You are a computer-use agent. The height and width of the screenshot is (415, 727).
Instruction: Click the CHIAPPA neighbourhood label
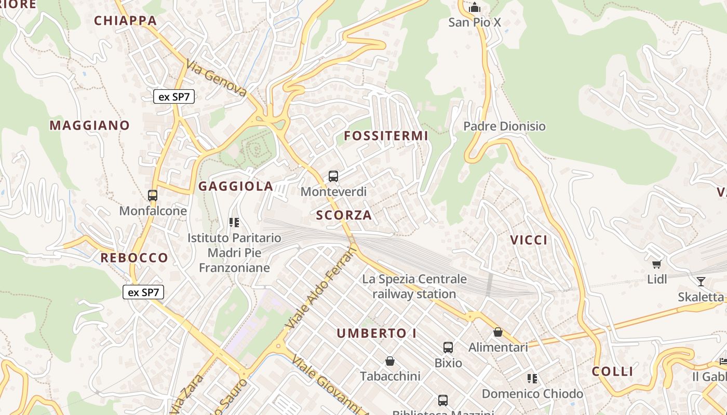(125, 21)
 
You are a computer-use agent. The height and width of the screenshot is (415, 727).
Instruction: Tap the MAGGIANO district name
(89, 126)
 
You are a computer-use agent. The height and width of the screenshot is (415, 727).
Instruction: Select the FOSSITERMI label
(386, 136)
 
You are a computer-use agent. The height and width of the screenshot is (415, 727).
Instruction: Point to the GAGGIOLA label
(236, 187)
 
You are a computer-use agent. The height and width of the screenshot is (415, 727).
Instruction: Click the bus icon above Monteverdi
(333, 176)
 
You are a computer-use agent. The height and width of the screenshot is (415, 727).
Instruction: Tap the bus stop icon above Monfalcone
(153, 196)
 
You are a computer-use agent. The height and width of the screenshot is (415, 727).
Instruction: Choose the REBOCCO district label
(134, 258)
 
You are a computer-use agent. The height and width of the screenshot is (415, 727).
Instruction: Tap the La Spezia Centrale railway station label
(414, 286)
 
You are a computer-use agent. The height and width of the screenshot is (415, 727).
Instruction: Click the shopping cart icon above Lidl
(657, 264)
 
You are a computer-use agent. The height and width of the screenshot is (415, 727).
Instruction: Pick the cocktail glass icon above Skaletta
(701, 282)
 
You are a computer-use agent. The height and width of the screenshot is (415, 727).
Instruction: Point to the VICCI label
(529, 240)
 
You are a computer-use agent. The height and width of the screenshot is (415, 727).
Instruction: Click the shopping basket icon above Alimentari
(498, 332)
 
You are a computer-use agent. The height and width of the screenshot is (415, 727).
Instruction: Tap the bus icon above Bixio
(448, 348)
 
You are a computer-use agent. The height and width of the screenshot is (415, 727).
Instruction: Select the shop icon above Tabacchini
(390, 361)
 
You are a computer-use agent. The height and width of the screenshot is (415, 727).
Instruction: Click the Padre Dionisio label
(504, 126)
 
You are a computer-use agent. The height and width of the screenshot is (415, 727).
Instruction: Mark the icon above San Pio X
(475, 8)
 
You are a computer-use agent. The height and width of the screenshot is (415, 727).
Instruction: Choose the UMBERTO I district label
(376, 334)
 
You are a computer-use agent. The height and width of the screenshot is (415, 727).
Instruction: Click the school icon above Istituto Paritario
(234, 223)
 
